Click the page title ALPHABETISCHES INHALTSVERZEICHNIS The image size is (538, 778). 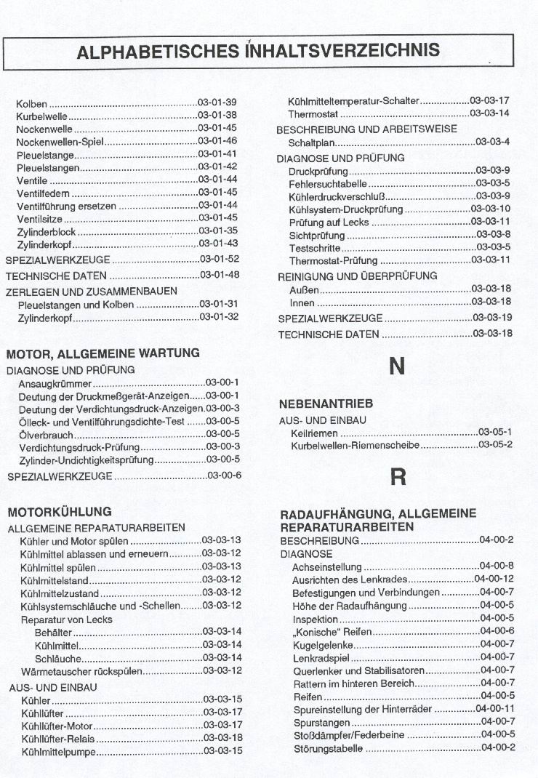click(x=258, y=51)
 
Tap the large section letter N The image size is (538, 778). click(x=397, y=366)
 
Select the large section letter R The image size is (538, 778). click(x=398, y=477)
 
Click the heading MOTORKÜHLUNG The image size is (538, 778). click(x=59, y=512)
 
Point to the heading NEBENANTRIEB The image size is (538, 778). click(x=326, y=404)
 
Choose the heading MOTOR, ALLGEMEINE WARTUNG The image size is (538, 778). click(x=103, y=353)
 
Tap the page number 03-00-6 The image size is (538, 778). click(x=225, y=476)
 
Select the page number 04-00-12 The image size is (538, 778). click(x=494, y=579)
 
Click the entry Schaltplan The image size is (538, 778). click(x=311, y=143)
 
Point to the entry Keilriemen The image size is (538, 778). click(x=314, y=433)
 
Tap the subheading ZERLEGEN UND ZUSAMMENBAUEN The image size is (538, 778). click(x=92, y=291)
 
